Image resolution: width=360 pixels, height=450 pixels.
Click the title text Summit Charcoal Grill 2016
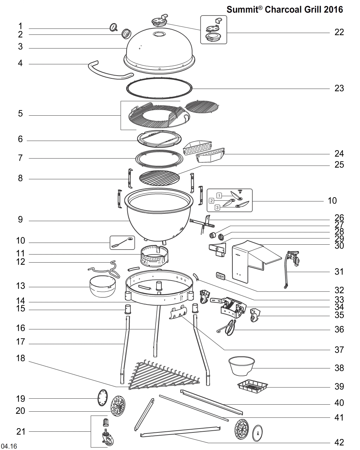284,9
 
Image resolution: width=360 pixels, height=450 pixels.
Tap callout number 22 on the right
339,32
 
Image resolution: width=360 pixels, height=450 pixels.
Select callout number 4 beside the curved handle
20,63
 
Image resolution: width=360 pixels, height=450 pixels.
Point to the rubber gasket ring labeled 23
159,88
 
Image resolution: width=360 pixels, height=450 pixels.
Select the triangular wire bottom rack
163,376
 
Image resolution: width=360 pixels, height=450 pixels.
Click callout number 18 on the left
20,359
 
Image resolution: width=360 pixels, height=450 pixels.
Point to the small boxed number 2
212,200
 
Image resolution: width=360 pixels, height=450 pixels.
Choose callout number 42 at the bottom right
339,442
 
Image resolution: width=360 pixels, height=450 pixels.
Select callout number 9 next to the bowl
20,220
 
